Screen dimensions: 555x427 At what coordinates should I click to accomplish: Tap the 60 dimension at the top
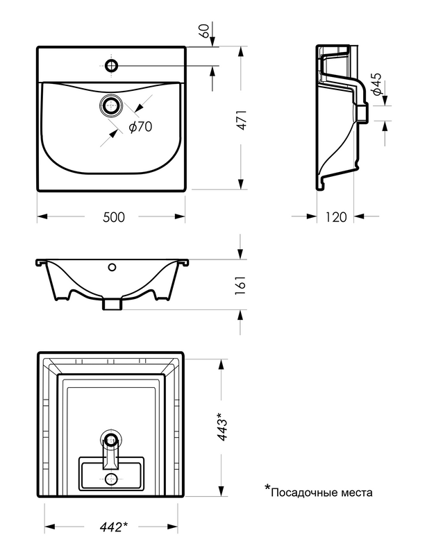click(x=204, y=31)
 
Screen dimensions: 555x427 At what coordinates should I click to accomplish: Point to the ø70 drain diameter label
click(x=140, y=126)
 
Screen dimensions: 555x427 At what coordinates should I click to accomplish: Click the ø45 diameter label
click(x=376, y=84)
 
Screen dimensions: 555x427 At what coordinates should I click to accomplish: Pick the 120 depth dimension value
click(x=335, y=216)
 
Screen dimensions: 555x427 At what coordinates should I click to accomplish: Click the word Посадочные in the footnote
click(x=306, y=493)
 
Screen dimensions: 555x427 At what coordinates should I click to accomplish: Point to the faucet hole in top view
click(x=111, y=66)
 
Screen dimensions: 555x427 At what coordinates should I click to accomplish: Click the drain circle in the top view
click(x=111, y=106)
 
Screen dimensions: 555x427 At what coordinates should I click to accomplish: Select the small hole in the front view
click(x=111, y=266)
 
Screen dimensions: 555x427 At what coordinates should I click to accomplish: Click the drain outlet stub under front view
click(x=112, y=304)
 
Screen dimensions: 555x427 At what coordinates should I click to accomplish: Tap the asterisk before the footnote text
click(x=267, y=490)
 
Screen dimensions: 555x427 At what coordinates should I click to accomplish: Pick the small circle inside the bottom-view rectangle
click(x=111, y=479)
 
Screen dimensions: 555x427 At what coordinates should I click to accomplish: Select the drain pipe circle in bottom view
click(x=111, y=439)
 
